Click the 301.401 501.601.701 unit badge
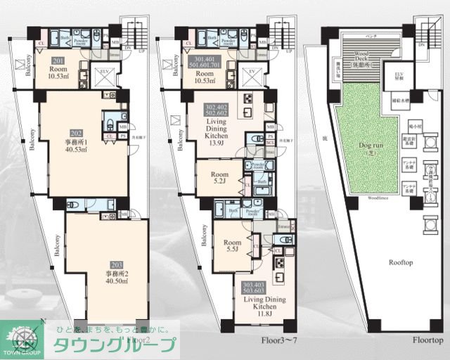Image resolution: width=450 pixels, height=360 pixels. pos(205,62)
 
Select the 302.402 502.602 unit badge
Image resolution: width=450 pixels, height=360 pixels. pos(215,110)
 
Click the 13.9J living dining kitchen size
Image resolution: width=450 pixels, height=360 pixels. pos(216,143)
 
